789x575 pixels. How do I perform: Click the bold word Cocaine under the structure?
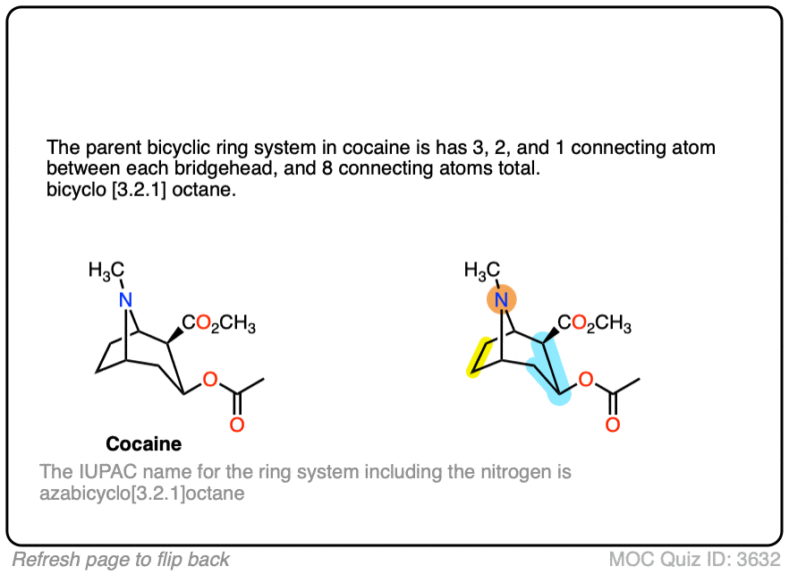point(143,443)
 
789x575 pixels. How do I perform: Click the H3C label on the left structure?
point(106,271)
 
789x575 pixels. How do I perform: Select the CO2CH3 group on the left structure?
point(218,324)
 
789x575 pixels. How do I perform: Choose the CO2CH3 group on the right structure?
point(594,324)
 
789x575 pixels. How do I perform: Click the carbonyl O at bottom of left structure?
point(236,424)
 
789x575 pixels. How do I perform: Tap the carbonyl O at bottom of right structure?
point(612,424)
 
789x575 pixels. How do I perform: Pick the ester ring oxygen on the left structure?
point(210,381)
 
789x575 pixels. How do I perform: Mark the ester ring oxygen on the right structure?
point(586,381)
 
